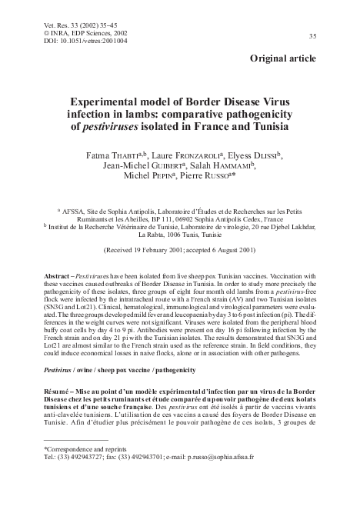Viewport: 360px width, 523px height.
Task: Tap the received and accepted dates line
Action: tap(178, 251)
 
